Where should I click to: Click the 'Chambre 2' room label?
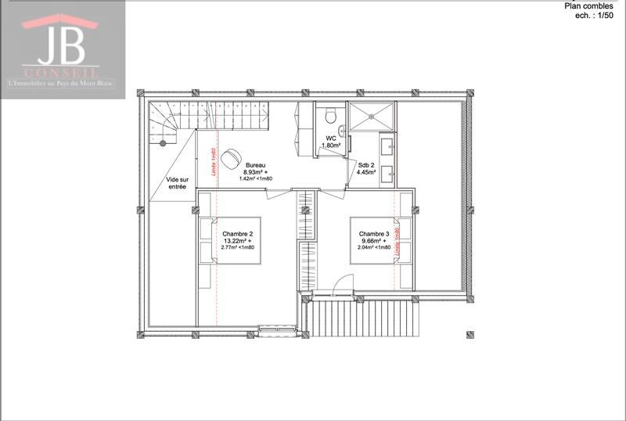237,234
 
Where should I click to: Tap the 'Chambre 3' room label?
374,234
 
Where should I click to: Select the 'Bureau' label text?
255,166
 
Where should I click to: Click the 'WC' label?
331,139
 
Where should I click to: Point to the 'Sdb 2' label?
366,166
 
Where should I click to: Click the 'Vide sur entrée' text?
177,182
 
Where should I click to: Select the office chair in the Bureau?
230,159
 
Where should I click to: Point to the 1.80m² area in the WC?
331,146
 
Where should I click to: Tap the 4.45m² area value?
366,173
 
